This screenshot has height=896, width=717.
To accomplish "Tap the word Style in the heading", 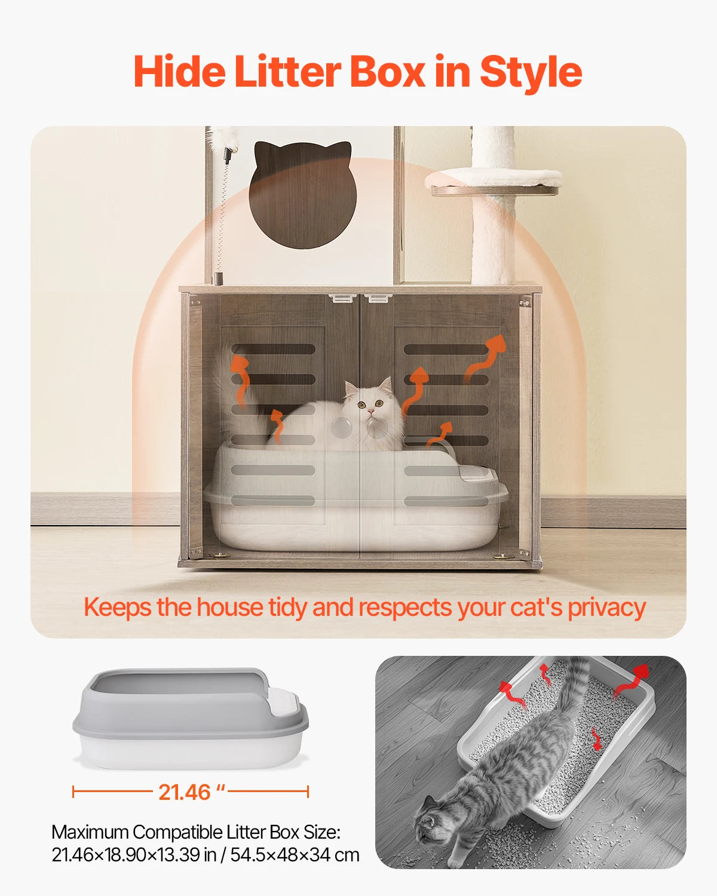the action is [531, 74].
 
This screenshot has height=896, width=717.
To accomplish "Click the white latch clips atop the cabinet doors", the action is [360, 297].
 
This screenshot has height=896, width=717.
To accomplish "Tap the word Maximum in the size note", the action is [90, 832].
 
